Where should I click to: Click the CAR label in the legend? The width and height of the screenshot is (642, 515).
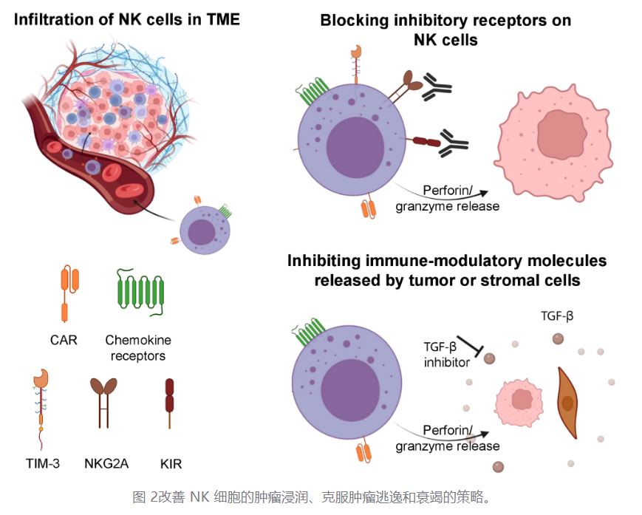click(65, 341)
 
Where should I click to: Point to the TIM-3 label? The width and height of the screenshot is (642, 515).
click(41, 464)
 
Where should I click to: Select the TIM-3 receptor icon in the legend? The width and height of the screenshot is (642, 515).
click(40, 410)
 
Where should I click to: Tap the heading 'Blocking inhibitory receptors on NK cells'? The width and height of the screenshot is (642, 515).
click(445, 30)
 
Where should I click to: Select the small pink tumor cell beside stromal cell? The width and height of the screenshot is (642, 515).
click(520, 400)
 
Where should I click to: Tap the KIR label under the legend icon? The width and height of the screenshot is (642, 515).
click(170, 464)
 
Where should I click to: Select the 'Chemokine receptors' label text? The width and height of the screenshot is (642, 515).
click(138, 348)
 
